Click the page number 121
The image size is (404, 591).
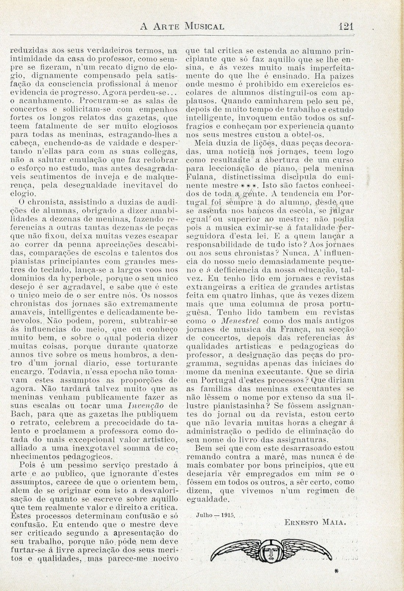[x=346, y=26]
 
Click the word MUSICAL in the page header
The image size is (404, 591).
[x=205, y=26]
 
